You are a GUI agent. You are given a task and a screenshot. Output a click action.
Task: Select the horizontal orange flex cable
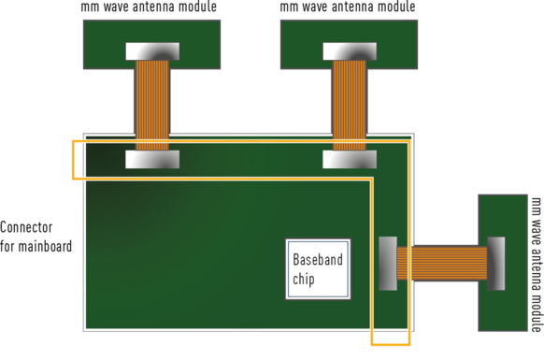click(441, 263)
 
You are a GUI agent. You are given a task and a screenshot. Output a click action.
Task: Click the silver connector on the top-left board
click(151, 51)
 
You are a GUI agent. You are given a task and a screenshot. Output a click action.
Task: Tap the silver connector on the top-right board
click(350, 51)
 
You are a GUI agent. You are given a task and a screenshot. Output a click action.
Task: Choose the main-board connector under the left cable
click(151, 159)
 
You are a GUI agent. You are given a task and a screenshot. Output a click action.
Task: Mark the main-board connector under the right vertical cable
click(350, 159)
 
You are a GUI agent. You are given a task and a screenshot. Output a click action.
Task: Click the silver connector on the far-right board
click(495, 263)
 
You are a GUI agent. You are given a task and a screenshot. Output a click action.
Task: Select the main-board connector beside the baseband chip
click(388, 263)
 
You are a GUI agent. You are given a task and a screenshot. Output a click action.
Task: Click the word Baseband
click(318, 260)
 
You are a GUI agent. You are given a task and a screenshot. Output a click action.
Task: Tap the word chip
click(304, 279)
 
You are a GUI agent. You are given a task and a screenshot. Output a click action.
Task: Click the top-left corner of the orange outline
click(72, 141)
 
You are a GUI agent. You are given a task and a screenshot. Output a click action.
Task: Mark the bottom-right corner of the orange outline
click(409, 345)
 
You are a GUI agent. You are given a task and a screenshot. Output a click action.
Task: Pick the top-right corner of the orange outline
click(409, 141)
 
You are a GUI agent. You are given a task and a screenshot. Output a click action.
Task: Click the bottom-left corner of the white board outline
click(84, 330)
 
